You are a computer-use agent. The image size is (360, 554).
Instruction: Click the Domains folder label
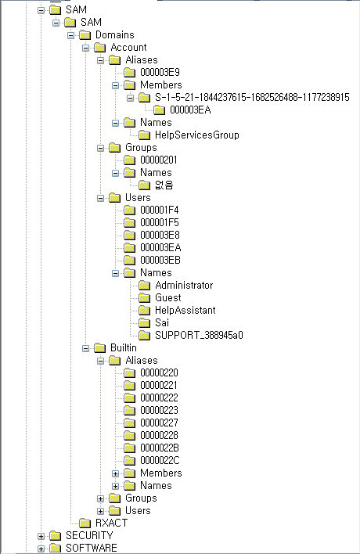click(115, 34)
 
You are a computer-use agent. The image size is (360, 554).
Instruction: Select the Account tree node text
click(128, 48)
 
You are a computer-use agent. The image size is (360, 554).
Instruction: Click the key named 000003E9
click(160, 73)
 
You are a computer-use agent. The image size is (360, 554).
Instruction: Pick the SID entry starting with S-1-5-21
click(252, 98)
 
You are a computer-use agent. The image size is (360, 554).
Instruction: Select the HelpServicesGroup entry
click(197, 135)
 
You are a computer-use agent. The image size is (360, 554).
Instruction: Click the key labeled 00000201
click(159, 160)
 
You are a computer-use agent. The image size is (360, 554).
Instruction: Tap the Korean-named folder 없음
click(164, 185)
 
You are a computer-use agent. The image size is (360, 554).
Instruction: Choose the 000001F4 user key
click(160, 210)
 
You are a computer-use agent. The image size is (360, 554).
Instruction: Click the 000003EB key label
click(160, 260)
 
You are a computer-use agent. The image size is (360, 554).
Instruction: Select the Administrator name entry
click(184, 285)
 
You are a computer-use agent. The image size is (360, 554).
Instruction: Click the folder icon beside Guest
click(144, 298)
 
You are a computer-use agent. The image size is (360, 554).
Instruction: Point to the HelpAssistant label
click(185, 310)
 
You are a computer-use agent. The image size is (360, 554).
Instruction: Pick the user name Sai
click(162, 322)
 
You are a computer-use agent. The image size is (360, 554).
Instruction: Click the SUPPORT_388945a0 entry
click(200, 336)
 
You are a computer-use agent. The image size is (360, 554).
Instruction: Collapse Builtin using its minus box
click(85, 348)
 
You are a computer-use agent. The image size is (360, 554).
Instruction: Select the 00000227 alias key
click(160, 423)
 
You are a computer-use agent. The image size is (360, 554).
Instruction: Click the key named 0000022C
click(160, 460)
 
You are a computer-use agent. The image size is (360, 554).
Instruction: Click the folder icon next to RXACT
click(85, 523)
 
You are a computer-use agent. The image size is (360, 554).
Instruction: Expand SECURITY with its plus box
click(41, 536)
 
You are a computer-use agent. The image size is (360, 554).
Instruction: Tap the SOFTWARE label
click(91, 548)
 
